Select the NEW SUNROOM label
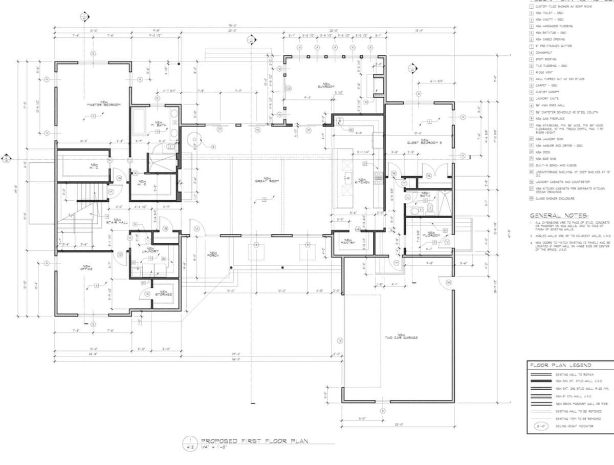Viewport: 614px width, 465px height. point(324,86)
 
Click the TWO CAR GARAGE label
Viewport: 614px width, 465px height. point(401,337)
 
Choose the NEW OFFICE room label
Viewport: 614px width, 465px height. point(86,267)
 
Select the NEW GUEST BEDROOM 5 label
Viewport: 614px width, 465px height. point(424,142)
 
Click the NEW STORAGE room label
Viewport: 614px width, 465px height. point(164,293)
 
